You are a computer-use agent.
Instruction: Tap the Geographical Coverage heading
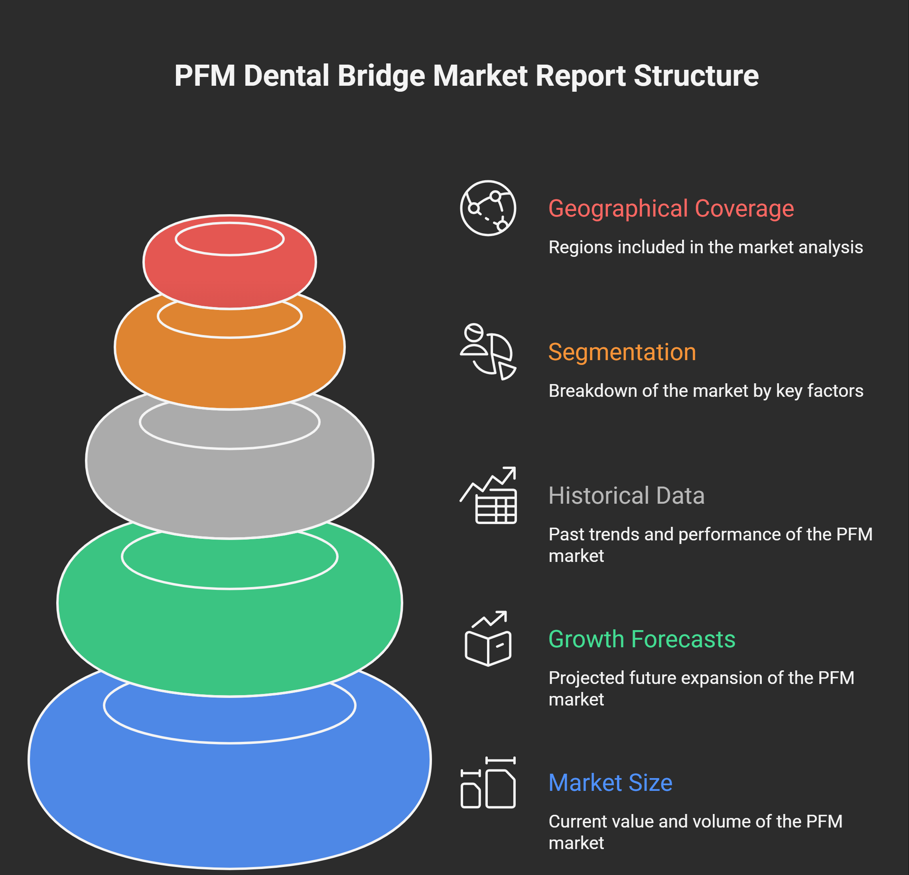click(x=670, y=208)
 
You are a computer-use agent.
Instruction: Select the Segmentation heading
click(x=622, y=352)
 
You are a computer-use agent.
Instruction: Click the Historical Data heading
click(x=626, y=495)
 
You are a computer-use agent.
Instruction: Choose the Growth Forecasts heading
click(x=641, y=639)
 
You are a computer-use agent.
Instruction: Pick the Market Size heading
click(x=610, y=783)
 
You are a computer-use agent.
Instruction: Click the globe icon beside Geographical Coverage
click(x=488, y=208)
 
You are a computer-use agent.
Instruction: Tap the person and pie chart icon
click(x=488, y=352)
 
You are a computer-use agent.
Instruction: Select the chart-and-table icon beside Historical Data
click(x=488, y=495)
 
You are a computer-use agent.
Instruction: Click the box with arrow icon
click(x=488, y=639)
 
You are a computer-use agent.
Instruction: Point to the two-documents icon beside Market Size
click(x=488, y=783)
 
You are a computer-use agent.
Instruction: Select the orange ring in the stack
click(x=230, y=371)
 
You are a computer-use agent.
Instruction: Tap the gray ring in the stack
click(x=230, y=491)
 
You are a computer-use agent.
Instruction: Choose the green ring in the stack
click(x=230, y=640)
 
